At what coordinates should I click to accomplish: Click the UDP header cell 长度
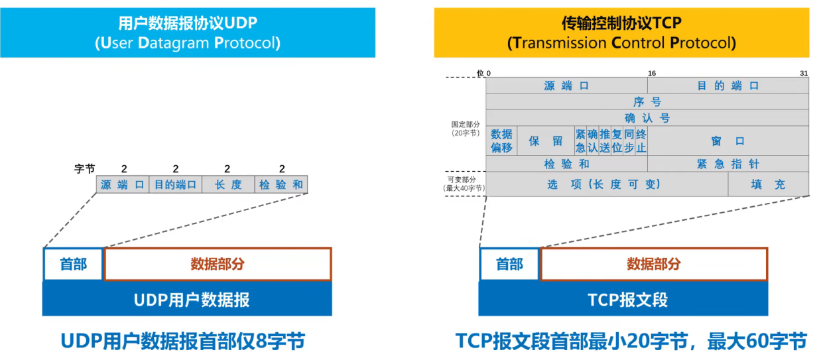(228, 184)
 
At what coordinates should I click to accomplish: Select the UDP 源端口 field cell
(123, 184)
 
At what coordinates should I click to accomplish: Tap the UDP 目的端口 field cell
(176, 184)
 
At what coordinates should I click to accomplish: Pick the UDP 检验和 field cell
(281, 184)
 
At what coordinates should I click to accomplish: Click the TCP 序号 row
(647, 101)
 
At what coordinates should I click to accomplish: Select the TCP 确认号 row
(647, 118)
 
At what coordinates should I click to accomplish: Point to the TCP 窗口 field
(727, 141)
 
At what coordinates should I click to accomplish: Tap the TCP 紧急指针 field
(727, 164)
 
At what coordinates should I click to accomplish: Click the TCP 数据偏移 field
(501, 141)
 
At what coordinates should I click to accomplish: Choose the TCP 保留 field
(545, 141)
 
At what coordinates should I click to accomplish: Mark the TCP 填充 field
(768, 184)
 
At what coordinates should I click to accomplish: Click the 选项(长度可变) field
(606, 184)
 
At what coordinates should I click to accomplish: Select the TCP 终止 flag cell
(641, 141)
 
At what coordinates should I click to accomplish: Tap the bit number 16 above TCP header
(651, 73)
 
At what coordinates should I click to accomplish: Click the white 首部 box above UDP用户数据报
(73, 264)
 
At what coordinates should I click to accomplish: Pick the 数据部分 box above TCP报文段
(654, 264)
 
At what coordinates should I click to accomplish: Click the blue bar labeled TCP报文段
(623, 300)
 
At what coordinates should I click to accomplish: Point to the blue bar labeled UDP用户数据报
(187, 300)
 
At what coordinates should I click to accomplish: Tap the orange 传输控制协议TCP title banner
(621, 32)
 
